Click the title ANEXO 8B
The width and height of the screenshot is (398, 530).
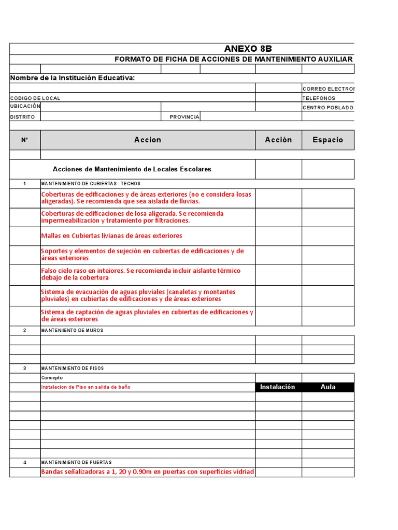pyautogui.click(x=247, y=49)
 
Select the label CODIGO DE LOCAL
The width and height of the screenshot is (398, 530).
pyautogui.click(x=35, y=98)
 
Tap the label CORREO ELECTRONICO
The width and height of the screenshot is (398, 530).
pyautogui.click(x=329, y=89)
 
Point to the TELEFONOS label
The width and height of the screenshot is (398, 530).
pyautogui.click(x=319, y=98)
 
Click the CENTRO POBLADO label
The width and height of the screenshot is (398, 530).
pyautogui.click(x=328, y=108)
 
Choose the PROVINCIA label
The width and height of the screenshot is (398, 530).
pyautogui.click(x=184, y=117)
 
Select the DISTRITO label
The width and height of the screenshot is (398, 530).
pyautogui.click(x=23, y=117)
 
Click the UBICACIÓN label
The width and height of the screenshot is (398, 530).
pyautogui.click(x=25, y=106)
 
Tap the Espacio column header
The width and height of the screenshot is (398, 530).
pyautogui.click(x=328, y=140)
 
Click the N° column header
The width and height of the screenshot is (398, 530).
pyautogui.click(x=25, y=140)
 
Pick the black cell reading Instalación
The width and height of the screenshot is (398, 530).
pyautogui.click(x=277, y=387)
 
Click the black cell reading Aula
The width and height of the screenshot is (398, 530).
pyautogui.click(x=328, y=387)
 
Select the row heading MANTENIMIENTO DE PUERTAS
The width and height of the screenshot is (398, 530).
pyautogui.click(x=76, y=462)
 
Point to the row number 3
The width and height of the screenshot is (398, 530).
pyautogui.click(x=25, y=369)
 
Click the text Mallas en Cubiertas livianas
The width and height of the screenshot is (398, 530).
pyautogui.click(x=111, y=236)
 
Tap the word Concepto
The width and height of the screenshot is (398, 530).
pyautogui.click(x=52, y=378)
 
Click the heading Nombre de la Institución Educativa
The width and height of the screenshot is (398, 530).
pyautogui.click(x=73, y=78)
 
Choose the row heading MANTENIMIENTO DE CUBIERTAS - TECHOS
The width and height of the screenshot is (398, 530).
pyautogui.click(x=91, y=184)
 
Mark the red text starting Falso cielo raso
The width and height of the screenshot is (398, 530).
pyautogui.click(x=140, y=274)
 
